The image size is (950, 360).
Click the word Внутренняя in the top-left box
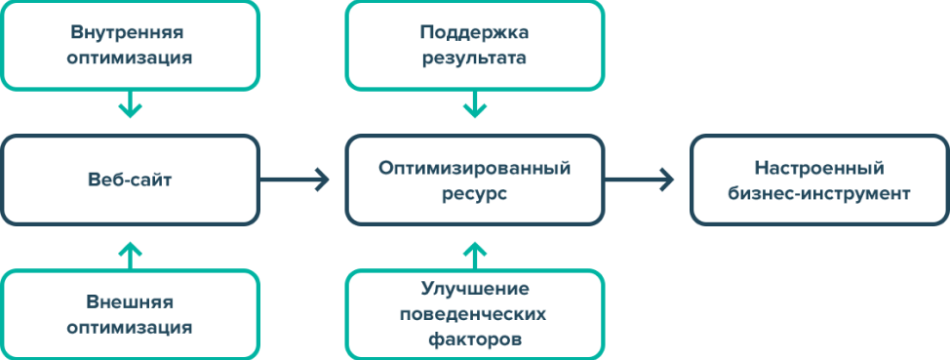click(129, 32)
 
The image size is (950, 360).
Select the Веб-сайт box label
click(129, 181)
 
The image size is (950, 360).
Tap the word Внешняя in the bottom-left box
click(129, 301)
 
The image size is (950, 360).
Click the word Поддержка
click(474, 32)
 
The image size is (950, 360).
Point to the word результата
click(474, 58)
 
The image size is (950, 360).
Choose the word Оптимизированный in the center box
click(474, 168)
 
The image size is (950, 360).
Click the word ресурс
click(474, 193)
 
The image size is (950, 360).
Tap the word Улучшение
click(474, 289)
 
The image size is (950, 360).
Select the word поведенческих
click(474, 314)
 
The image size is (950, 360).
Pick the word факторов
click(474, 340)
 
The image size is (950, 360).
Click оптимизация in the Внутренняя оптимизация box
click(129, 58)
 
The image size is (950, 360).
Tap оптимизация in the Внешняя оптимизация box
click(129, 327)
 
